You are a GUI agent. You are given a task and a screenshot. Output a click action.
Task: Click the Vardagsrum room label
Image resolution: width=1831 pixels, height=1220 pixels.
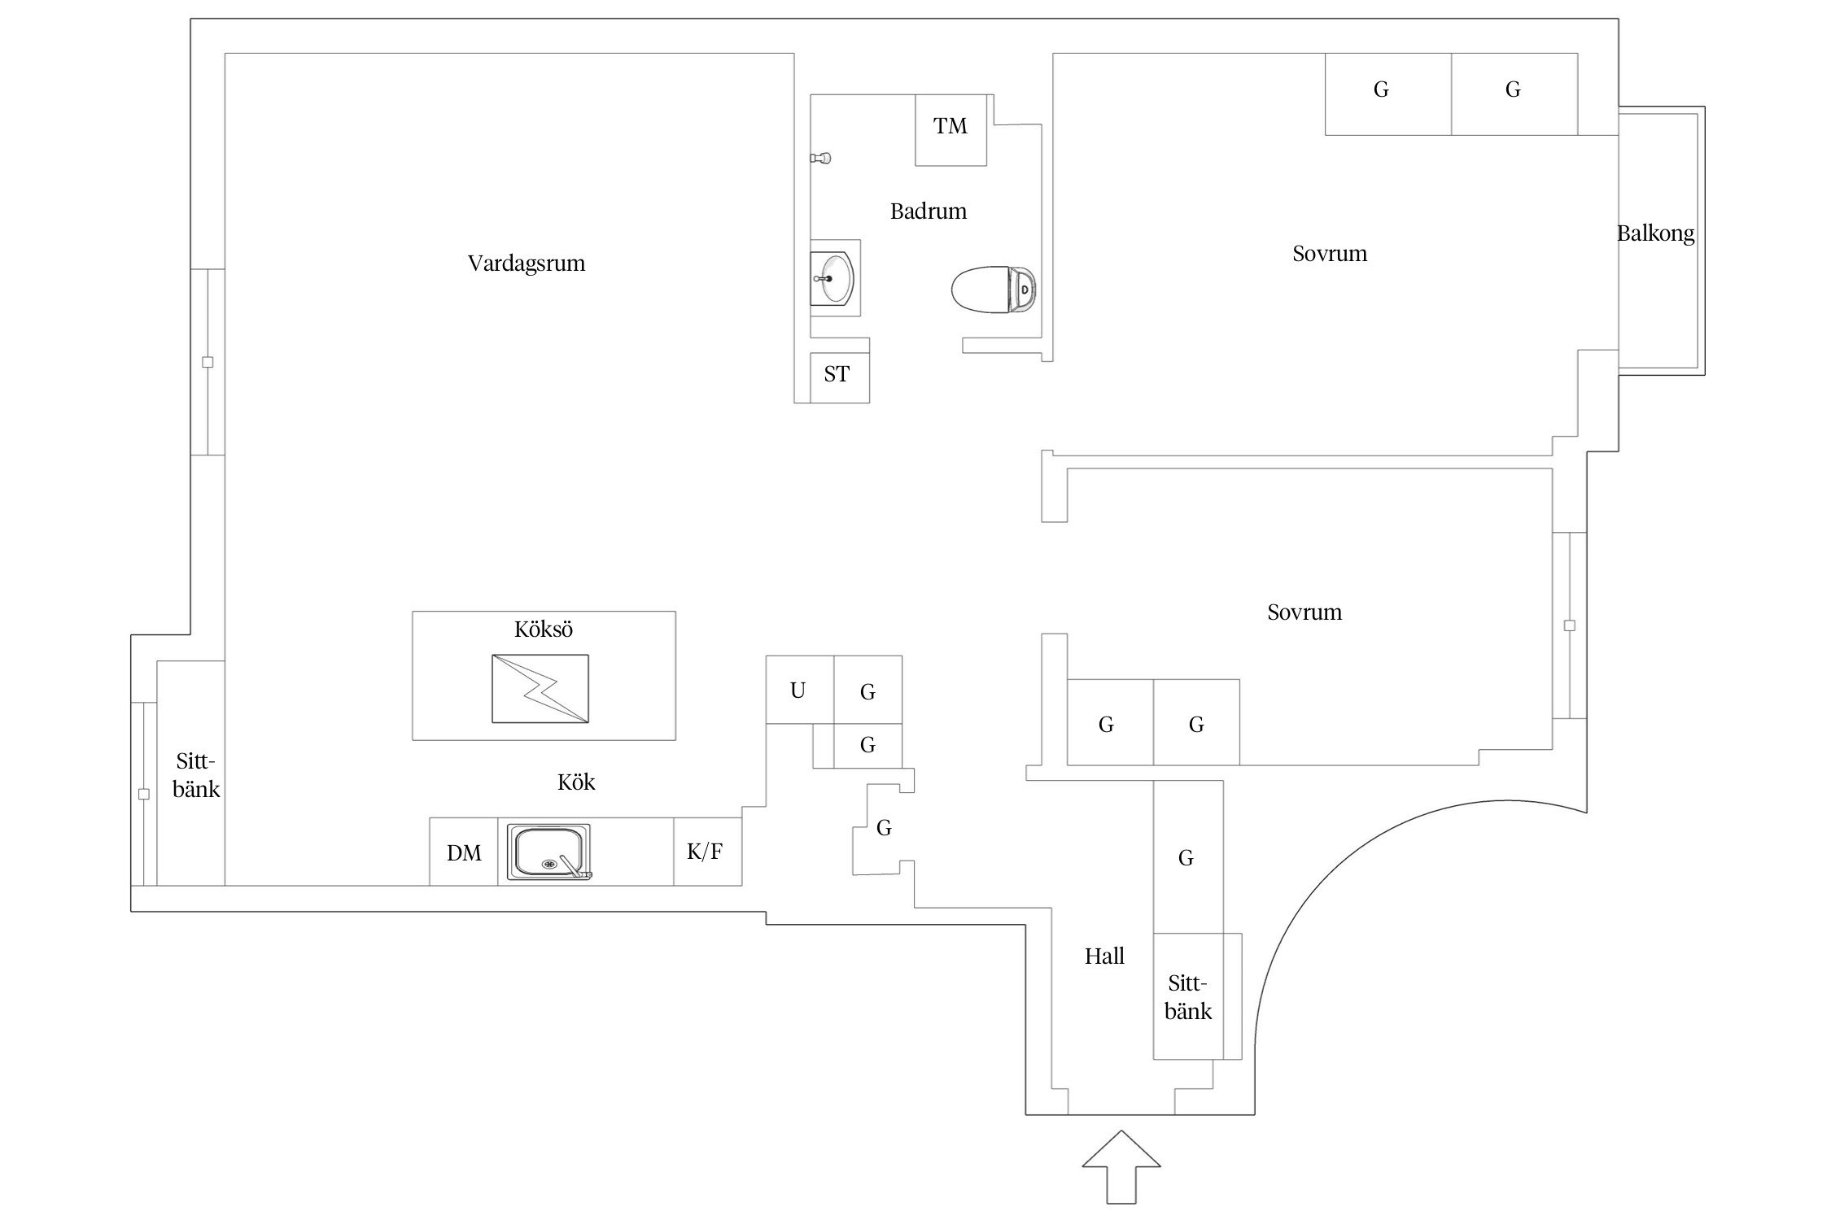527,264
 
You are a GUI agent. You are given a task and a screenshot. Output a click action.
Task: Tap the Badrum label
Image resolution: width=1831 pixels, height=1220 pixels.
928,211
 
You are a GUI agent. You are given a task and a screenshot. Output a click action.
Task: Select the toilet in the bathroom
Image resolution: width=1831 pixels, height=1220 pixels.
994,289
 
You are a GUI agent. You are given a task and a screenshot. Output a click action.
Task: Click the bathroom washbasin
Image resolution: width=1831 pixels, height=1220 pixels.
832,278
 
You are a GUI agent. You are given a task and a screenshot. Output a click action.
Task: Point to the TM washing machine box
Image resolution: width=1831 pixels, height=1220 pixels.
950,129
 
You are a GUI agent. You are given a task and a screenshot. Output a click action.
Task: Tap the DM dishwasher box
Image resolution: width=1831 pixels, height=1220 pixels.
463,852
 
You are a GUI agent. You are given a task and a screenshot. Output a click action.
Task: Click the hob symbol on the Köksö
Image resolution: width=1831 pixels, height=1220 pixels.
540,689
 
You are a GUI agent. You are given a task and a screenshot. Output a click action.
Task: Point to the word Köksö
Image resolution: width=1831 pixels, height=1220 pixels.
544,630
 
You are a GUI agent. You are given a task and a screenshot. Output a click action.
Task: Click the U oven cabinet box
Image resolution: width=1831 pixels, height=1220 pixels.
799,690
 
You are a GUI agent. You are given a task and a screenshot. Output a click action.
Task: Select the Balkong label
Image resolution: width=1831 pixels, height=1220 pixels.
1655,234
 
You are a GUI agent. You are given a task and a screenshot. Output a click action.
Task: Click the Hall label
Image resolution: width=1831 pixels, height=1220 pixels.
1104,956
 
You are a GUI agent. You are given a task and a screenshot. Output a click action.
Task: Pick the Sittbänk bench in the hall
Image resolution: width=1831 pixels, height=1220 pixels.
1188,996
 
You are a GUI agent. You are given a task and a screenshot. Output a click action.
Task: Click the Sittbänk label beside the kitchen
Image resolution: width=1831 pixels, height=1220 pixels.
196,775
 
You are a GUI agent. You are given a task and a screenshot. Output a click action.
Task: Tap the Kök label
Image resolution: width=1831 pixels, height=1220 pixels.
576,782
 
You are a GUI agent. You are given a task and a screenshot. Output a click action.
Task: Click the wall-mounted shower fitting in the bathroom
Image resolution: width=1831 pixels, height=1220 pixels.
822,158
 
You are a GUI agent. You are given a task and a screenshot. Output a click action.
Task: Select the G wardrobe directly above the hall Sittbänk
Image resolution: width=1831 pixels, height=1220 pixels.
1187,856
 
